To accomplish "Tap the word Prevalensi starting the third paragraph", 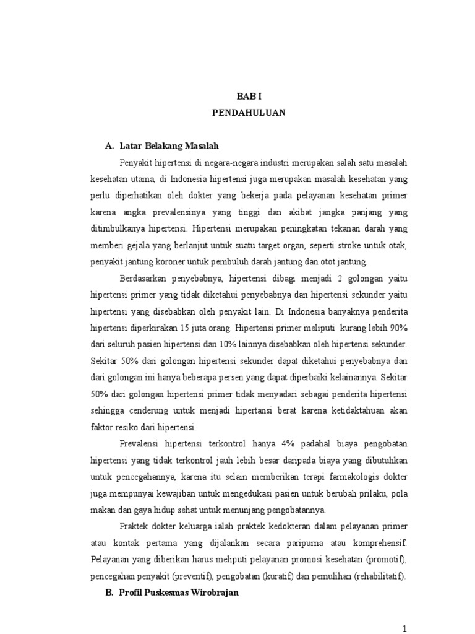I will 137,445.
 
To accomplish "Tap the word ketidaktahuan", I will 353,411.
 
